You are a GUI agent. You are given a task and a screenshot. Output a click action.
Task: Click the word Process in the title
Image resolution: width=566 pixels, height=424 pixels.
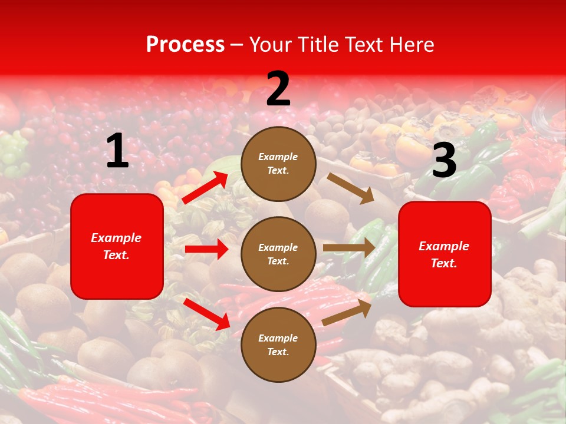pos(185,45)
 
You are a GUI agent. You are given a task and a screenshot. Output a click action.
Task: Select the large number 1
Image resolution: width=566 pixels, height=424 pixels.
pos(117,151)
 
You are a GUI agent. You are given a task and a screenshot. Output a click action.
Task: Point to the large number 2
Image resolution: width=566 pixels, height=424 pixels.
pos(278,89)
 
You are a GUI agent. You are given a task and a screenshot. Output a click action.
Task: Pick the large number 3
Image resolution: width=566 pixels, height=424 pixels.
pos(444,161)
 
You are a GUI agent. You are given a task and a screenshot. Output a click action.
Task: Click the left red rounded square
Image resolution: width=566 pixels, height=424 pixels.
pos(117,246)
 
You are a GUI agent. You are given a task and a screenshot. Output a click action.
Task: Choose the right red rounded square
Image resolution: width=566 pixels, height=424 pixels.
pos(445,254)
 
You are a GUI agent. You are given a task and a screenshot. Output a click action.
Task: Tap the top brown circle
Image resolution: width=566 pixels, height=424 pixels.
pos(278,164)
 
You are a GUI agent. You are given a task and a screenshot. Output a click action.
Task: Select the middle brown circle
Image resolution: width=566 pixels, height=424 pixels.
pos(278,254)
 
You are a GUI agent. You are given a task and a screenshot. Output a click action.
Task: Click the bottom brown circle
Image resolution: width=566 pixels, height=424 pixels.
pos(278,344)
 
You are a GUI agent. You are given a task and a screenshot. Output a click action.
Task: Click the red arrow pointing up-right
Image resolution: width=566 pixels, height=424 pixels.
pos(205,187)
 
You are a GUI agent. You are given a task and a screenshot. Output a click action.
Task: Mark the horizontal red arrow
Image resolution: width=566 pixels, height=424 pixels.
pos(206,249)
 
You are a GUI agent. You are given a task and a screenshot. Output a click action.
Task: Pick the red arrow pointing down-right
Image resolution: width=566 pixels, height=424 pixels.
pos(207,313)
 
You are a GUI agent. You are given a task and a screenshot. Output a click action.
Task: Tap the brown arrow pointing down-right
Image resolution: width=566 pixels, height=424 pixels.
pos(351,188)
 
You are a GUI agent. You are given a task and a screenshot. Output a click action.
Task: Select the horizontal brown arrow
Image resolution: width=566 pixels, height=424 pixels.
pos(349,248)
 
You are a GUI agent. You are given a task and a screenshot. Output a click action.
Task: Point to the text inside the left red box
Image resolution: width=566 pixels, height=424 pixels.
pos(116,246)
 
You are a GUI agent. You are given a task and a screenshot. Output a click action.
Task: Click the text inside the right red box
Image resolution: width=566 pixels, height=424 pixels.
pos(444,254)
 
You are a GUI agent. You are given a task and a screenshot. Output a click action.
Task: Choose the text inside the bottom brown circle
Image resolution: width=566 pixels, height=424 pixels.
pos(278,345)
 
